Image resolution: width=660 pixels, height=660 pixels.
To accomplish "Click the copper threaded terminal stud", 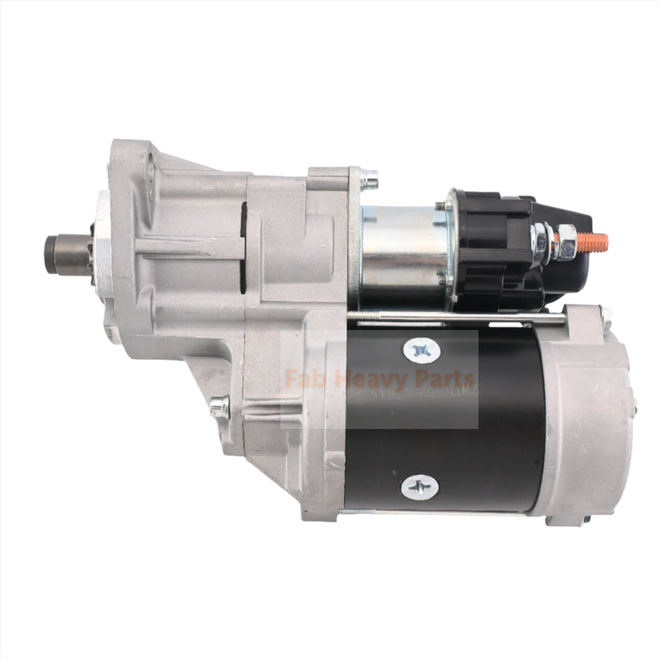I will pyautogui.click(x=592, y=243).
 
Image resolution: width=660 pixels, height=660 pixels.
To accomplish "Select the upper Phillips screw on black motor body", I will pyautogui.click(x=421, y=351).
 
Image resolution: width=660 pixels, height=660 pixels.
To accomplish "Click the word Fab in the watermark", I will pyautogui.click(x=301, y=380).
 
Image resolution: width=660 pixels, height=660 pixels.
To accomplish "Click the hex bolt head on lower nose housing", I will pyautogui.click(x=219, y=406).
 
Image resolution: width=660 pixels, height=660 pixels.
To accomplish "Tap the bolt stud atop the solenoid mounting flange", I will pyautogui.click(x=369, y=178).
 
